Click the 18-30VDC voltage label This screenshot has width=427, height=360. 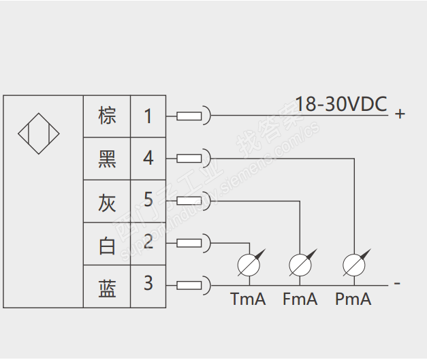(341, 104)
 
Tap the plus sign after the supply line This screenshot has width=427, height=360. (400, 114)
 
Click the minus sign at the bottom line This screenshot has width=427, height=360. (397, 282)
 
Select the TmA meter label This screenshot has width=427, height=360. (248, 299)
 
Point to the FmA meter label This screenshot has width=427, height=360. (300, 299)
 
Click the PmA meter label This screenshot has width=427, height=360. (353, 299)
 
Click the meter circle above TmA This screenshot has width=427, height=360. (247, 264)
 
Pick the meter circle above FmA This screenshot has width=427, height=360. (300, 264)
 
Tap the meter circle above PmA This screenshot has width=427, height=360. (353, 264)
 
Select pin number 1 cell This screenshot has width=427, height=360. (148, 116)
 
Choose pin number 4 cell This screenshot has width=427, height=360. (148, 159)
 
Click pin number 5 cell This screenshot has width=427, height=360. (148, 201)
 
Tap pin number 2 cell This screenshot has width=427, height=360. (148, 243)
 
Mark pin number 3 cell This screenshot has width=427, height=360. (148, 284)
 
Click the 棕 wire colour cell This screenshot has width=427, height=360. (107, 116)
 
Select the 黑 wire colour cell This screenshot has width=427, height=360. (107, 159)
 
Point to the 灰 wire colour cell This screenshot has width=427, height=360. (107, 201)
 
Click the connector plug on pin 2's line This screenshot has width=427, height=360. (190, 243)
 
